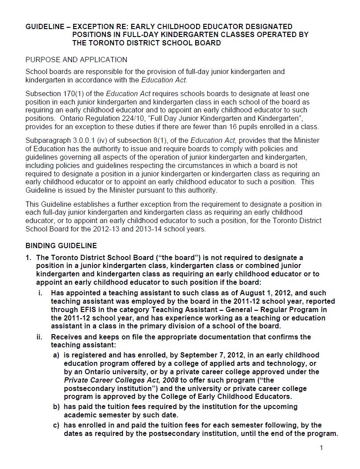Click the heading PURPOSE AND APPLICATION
pos(76,60)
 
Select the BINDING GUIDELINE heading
pos(61,246)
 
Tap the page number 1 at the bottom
pos(321,448)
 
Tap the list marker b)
pos(56,407)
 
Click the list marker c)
pos(56,425)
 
